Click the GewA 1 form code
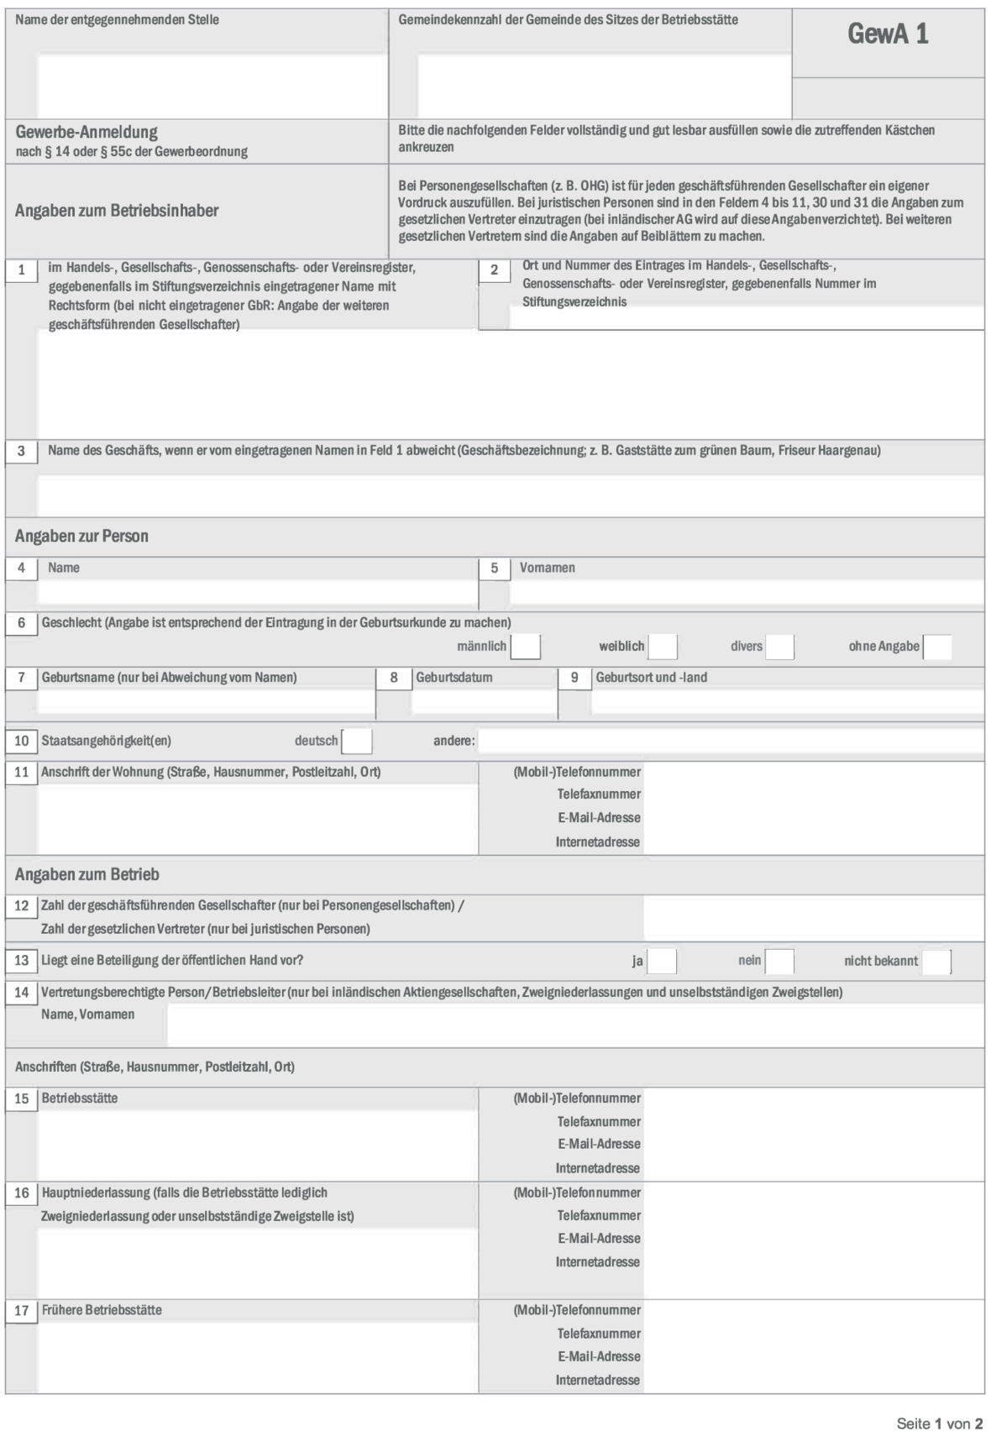(888, 34)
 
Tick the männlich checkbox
(525, 647)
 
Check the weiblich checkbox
(663, 647)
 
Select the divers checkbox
(779, 647)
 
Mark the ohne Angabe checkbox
(937, 647)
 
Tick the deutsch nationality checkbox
(357, 742)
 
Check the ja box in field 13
(662, 961)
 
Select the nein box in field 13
(779, 961)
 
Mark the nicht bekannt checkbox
(936, 961)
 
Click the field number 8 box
(394, 678)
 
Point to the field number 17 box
(22, 1310)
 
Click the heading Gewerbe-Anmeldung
(87, 132)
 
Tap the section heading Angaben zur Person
(81, 536)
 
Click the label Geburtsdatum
(454, 678)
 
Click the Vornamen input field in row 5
(746, 591)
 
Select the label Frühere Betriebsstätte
(102, 1310)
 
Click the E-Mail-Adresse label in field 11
(599, 818)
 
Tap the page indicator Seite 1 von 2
(939, 1424)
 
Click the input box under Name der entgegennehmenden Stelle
(212, 86)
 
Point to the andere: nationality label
(454, 742)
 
